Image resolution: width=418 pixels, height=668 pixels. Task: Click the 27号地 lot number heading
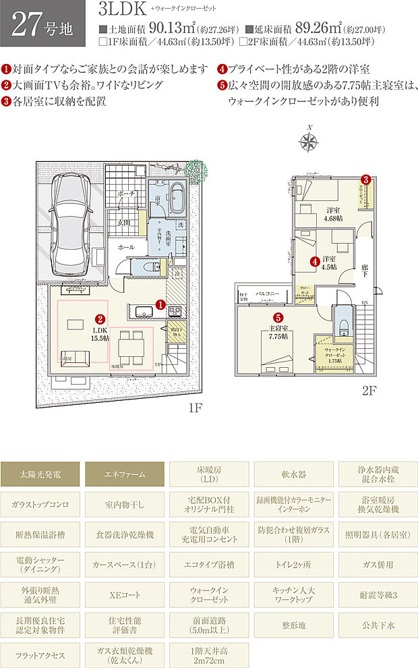(41, 25)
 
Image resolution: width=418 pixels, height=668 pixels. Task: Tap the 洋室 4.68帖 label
(331, 214)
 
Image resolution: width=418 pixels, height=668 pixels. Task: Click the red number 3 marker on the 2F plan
(365, 179)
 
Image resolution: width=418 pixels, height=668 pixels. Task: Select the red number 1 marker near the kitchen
(160, 305)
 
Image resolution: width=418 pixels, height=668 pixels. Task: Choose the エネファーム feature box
(126, 474)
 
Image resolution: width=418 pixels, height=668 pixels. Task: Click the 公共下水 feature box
(377, 625)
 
